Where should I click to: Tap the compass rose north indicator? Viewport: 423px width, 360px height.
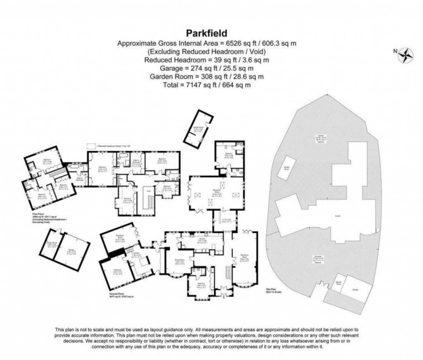406,54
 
